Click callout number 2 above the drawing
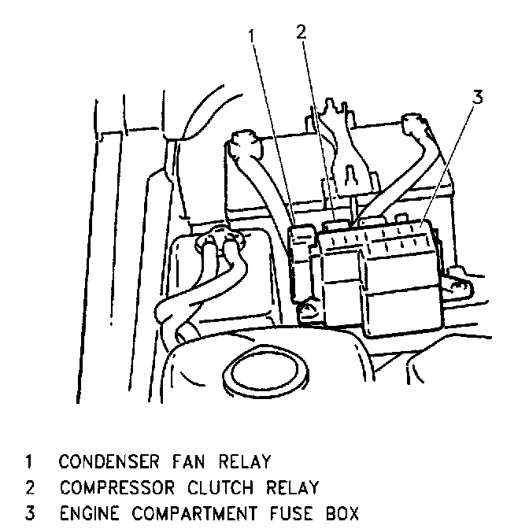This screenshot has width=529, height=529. [x=301, y=32]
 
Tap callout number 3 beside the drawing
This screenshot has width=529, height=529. [x=477, y=98]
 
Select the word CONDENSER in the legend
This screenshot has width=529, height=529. [x=109, y=461]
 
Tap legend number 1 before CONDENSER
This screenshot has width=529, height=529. [x=29, y=461]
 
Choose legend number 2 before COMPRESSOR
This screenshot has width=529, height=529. [x=29, y=487]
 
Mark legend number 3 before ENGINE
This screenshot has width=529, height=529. [x=29, y=514]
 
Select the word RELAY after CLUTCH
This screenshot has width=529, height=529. [x=290, y=487]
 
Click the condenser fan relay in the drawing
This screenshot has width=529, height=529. [x=303, y=260]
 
